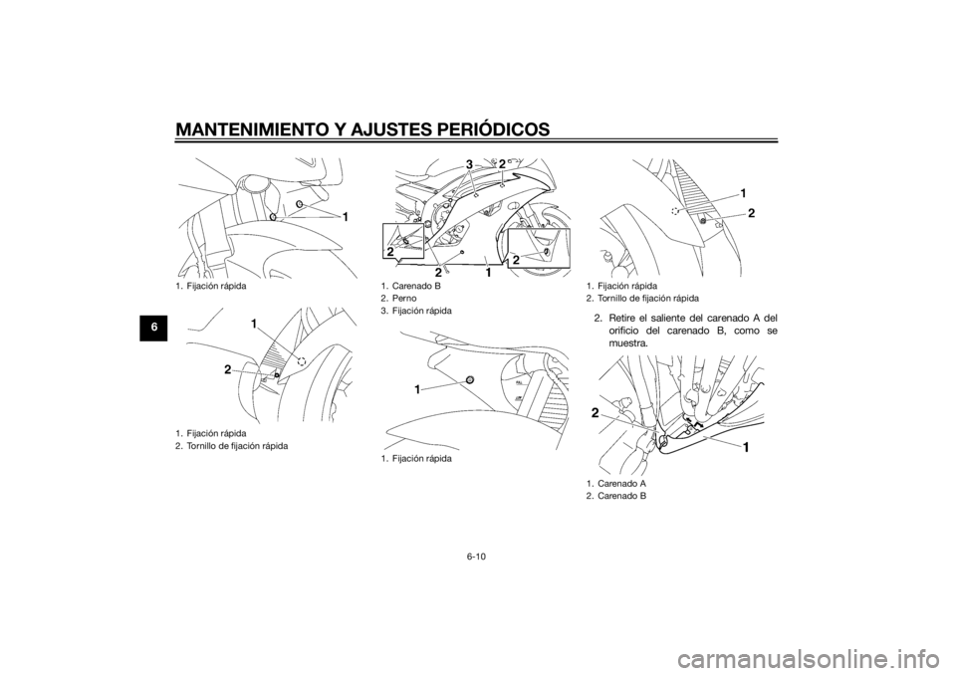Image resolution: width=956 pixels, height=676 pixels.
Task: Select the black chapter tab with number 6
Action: (x=156, y=327)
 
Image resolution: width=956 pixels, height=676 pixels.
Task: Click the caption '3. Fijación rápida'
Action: (x=415, y=311)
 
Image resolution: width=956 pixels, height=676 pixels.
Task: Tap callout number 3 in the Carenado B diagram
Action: (x=469, y=164)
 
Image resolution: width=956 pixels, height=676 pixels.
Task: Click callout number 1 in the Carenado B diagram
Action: (x=489, y=275)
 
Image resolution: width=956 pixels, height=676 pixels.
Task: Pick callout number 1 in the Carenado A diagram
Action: (x=746, y=448)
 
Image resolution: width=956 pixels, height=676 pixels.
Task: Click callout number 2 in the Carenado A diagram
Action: (x=594, y=414)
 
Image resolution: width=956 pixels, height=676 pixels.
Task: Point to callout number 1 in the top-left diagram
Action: (x=345, y=216)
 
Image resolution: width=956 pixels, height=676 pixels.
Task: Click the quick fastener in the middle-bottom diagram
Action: (x=469, y=379)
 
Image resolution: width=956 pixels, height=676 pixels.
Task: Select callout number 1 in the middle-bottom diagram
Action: (x=419, y=389)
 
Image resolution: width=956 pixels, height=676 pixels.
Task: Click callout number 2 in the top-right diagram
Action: (x=751, y=213)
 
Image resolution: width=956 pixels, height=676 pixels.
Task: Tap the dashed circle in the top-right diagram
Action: (x=675, y=211)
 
